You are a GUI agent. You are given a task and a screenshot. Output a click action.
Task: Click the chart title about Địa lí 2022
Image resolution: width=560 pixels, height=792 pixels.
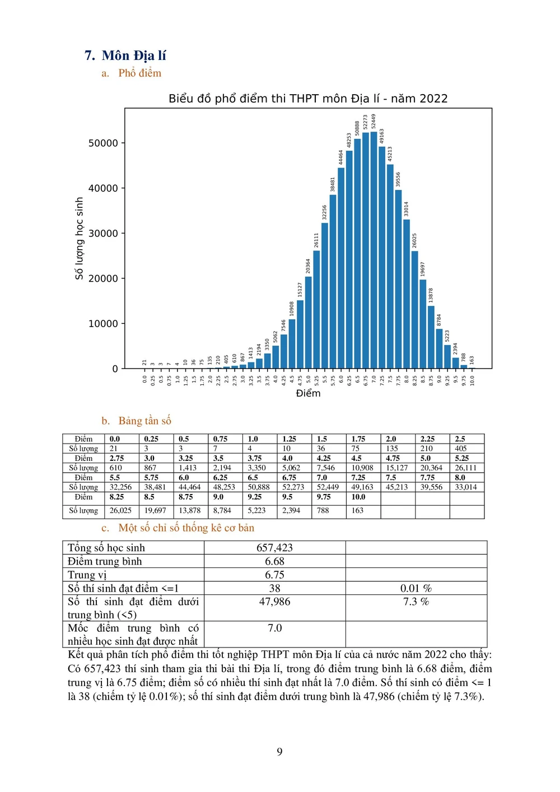[x=308, y=99]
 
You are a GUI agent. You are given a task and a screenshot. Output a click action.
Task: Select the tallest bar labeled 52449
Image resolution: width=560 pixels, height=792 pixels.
[x=374, y=250]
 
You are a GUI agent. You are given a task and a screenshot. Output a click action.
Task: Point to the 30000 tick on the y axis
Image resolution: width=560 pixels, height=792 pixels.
[x=103, y=234]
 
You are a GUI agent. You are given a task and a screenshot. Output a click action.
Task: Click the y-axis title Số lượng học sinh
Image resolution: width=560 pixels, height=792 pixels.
[x=79, y=238]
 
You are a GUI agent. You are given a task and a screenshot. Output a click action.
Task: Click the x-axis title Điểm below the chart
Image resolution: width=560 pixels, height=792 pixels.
[x=308, y=393]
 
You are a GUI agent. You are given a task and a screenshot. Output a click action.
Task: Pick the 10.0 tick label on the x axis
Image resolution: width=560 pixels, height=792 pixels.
[x=472, y=380]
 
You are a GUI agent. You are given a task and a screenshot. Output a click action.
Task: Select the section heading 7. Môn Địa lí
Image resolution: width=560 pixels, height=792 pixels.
[x=125, y=55]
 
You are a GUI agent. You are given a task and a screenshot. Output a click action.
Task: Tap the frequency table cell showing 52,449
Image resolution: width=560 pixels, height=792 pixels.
[x=328, y=487]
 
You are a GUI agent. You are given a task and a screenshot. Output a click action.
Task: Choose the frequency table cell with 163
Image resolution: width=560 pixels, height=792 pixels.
[x=357, y=510]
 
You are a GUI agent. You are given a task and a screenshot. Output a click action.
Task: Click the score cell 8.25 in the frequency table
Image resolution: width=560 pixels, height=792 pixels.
[x=116, y=497]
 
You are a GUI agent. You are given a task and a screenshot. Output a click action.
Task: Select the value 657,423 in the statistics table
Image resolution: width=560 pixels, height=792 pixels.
[x=274, y=548]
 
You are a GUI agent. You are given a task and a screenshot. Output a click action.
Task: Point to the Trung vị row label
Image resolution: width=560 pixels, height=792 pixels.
[x=87, y=575]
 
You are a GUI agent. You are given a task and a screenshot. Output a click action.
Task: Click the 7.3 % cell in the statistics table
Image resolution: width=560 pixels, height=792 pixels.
[x=416, y=602]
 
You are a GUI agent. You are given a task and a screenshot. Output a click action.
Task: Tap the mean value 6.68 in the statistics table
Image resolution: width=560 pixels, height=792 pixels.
[x=274, y=561]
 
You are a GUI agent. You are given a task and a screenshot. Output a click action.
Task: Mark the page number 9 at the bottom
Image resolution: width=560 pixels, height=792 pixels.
[x=280, y=752]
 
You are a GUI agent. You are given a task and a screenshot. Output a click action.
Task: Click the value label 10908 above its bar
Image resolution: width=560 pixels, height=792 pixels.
[x=292, y=309]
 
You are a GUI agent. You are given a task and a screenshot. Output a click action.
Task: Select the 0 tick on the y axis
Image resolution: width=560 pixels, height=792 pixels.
[x=115, y=369]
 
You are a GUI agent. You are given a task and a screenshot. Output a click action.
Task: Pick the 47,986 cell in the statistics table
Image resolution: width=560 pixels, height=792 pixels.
[x=274, y=602]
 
